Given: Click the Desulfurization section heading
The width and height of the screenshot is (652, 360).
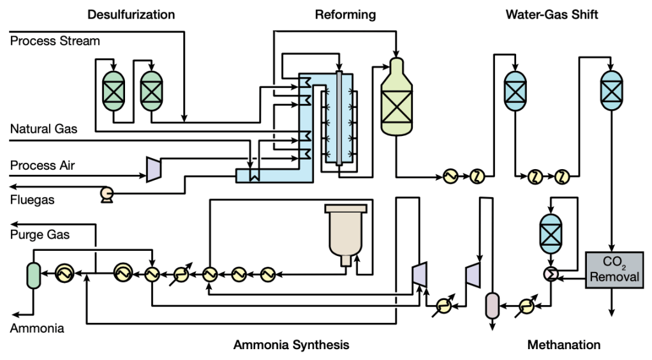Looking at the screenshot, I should point(131,14).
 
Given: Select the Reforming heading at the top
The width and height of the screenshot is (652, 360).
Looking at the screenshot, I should point(345,14).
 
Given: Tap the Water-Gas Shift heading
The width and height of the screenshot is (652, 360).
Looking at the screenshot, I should point(552,14).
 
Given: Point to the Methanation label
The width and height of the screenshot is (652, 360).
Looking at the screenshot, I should point(563,345).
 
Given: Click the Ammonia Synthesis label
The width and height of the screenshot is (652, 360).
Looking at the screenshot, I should point(291,345).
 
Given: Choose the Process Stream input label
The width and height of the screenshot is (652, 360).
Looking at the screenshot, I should point(55,41).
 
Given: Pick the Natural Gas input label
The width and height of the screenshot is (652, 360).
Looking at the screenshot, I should point(43,130).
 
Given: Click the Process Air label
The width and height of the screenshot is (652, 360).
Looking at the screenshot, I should point(42,166).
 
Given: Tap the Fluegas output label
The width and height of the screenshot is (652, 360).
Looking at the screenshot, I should point(32,200).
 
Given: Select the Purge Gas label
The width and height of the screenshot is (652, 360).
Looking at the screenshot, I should point(40,235).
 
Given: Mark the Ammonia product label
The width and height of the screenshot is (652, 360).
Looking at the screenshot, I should point(36,328).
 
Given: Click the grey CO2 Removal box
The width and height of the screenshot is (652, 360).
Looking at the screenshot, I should point(613,270).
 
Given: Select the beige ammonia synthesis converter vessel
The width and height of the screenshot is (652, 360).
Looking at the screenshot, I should point(346,233).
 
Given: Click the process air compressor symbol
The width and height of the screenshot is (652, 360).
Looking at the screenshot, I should point(152,169).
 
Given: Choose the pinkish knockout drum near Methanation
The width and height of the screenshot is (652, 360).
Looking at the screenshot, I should point(492,306).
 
